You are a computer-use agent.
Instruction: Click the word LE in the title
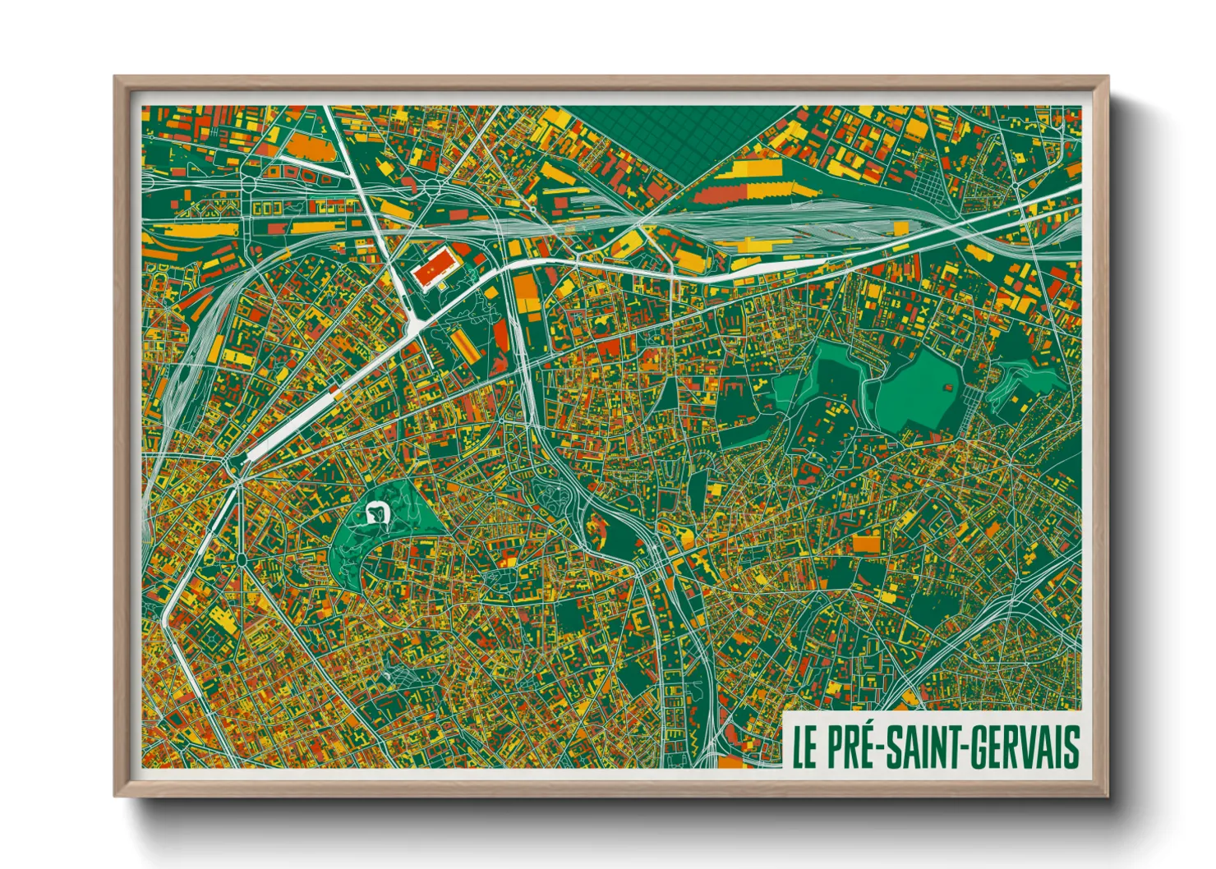(x=804, y=746)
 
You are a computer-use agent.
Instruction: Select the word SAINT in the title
(x=924, y=746)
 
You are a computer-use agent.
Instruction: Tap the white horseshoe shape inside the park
(x=377, y=512)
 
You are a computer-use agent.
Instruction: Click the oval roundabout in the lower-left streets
(x=242, y=559)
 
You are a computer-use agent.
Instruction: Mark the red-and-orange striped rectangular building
(x=464, y=344)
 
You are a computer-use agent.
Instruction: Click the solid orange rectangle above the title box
(x=866, y=543)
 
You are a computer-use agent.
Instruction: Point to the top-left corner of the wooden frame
(x=115, y=77)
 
